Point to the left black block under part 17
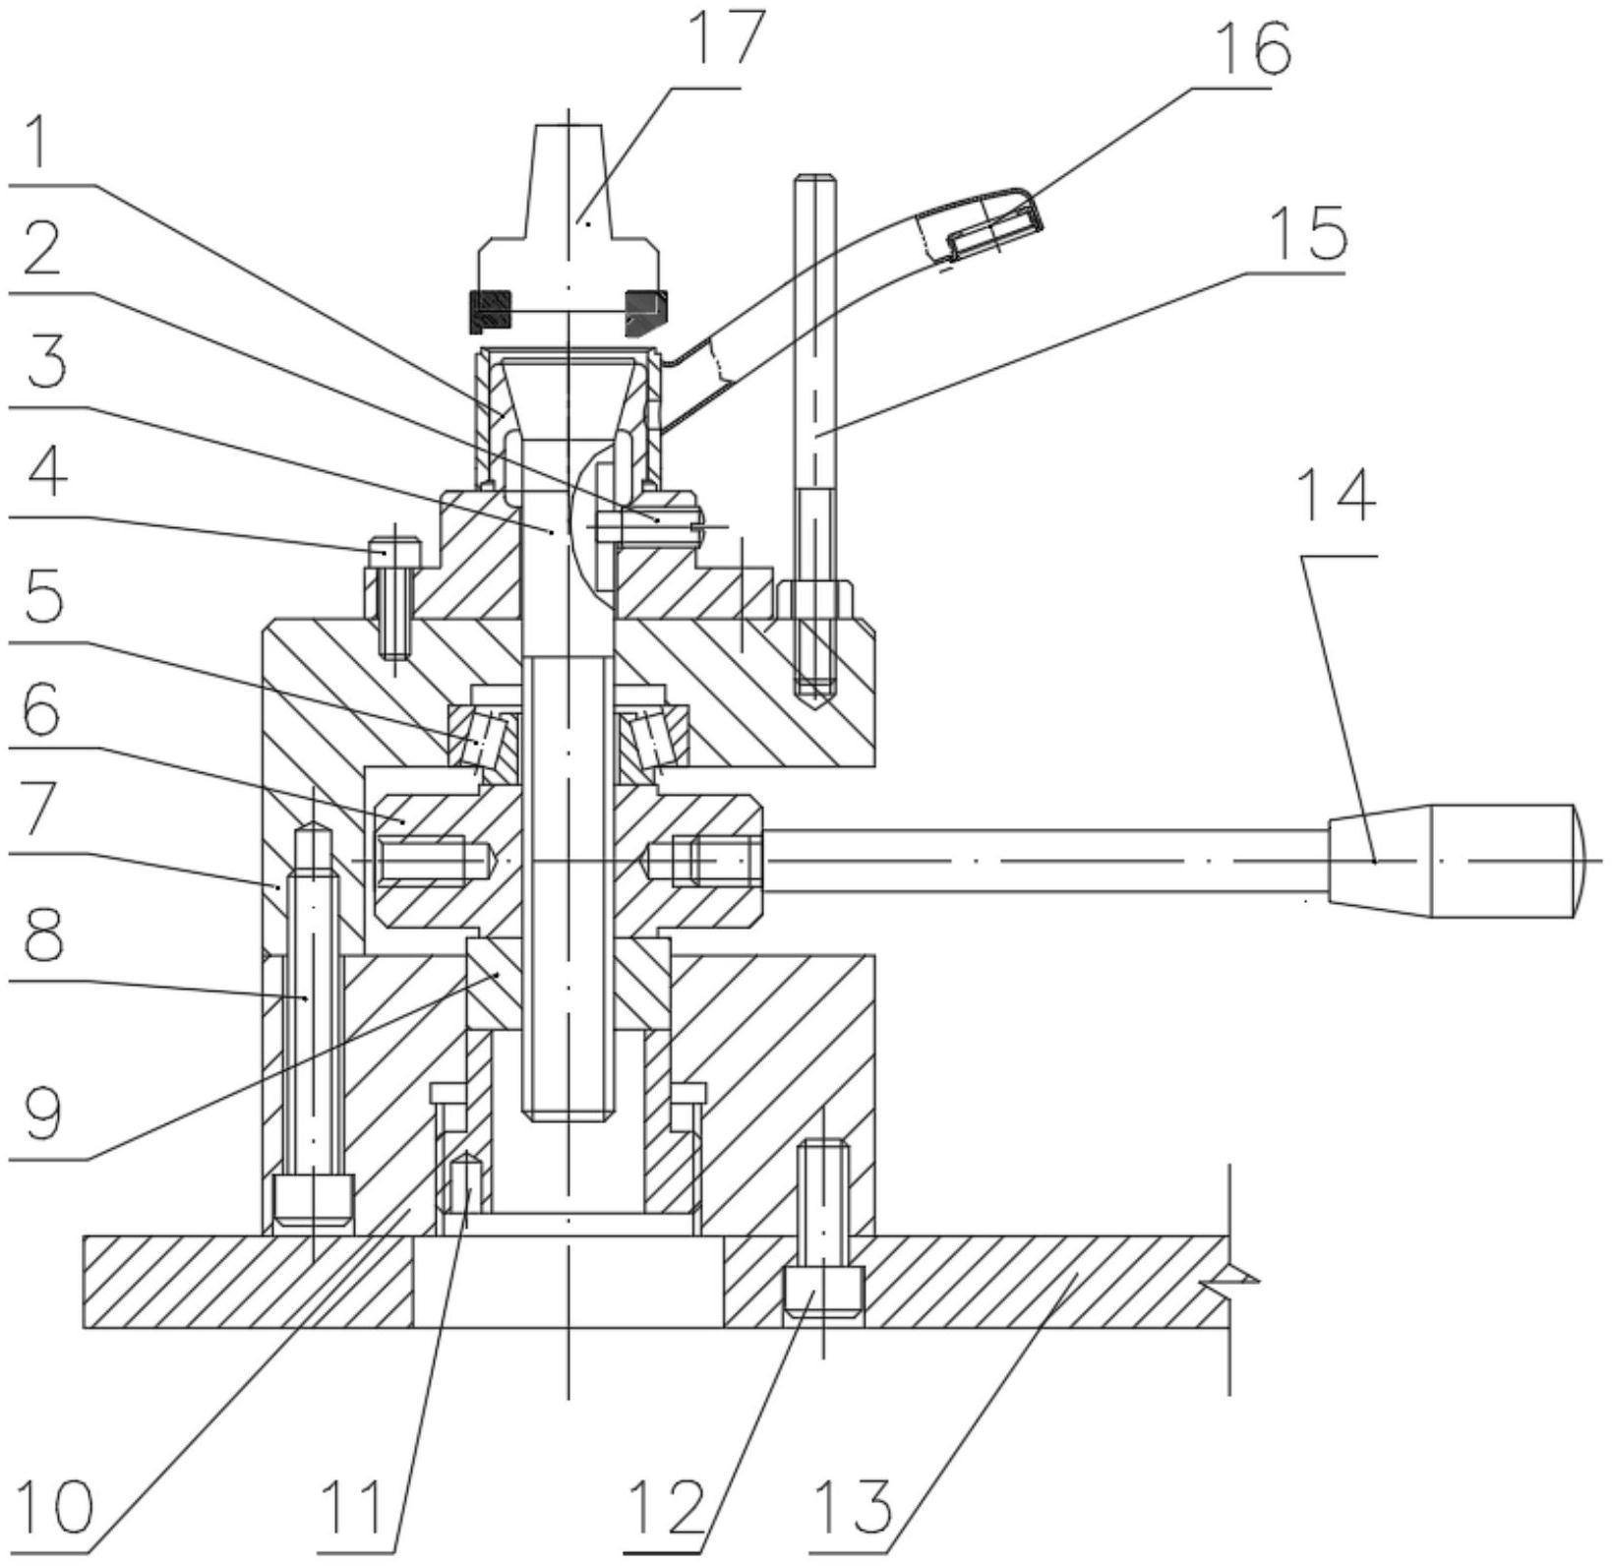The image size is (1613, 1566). coord(491,312)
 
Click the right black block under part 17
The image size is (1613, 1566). coord(644,311)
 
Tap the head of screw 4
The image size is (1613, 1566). coord(394,553)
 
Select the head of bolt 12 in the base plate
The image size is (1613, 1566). coord(823,1292)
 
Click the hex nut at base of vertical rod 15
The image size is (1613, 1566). coord(815,600)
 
